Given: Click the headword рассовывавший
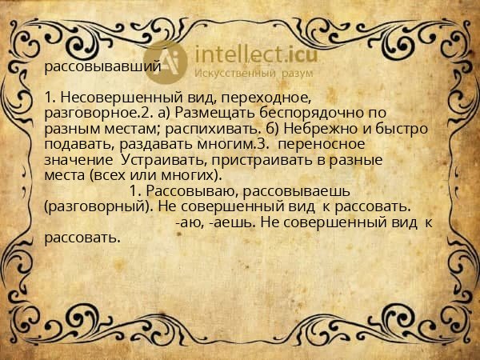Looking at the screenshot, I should click(x=102, y=66).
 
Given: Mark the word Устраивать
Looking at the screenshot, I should click(x=163, y=159).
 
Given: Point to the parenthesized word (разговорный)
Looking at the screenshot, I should click(x=98, y=206).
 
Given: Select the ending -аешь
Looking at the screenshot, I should click(x=226, y=222).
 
